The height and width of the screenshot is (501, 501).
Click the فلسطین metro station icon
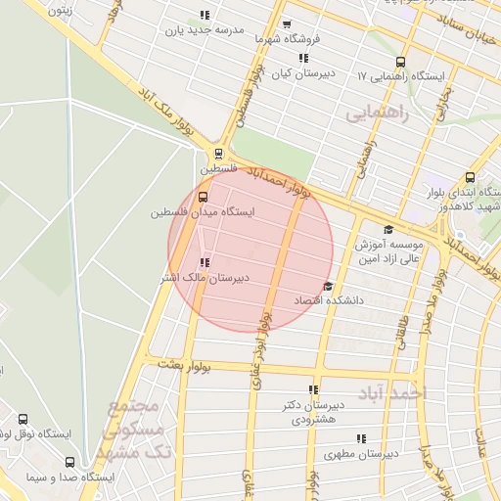[x=217, y=153]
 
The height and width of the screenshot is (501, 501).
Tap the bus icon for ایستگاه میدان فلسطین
[x=204, y=197]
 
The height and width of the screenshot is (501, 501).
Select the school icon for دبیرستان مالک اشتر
[x=204, y=262]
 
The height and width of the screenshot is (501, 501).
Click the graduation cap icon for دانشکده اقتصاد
[x=327, y=286]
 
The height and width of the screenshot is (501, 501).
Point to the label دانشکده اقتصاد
[x=329, y=300]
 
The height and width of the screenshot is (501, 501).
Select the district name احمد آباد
[x=396, y=392]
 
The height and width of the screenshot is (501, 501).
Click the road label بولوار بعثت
[x=183, y=365]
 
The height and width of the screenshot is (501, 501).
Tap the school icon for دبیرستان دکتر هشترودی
[x=313, y=389]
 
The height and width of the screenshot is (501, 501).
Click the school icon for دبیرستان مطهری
[x=360, y=439]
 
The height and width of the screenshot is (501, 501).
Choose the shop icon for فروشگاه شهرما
[x=287, y=25]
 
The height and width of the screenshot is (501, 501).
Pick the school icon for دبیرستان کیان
[x=303, y=58]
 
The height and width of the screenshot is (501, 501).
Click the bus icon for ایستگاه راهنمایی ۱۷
[x=402, y=62]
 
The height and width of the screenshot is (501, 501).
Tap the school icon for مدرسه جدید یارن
[x=204, y=16]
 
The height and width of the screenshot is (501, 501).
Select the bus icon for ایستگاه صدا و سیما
[x=68, y=462]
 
